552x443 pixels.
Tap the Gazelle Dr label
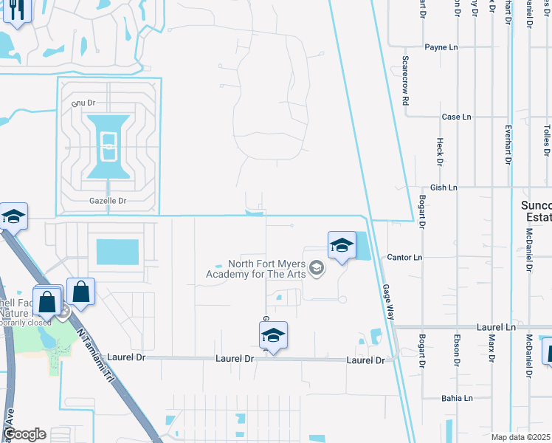pos(108,200)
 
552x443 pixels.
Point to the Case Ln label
pos(456,117)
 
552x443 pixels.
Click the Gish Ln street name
pos(444,188)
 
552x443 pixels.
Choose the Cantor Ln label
pos(404,257)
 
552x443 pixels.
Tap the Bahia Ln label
pos(458,398)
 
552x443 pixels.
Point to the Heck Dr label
pos(439,151)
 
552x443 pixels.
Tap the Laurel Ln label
pos(496,326)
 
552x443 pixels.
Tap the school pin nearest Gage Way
pos(342,245)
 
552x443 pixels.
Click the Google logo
pos(24,434)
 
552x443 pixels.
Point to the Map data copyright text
pos(520,437)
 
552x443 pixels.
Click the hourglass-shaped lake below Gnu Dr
pos(108,146)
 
